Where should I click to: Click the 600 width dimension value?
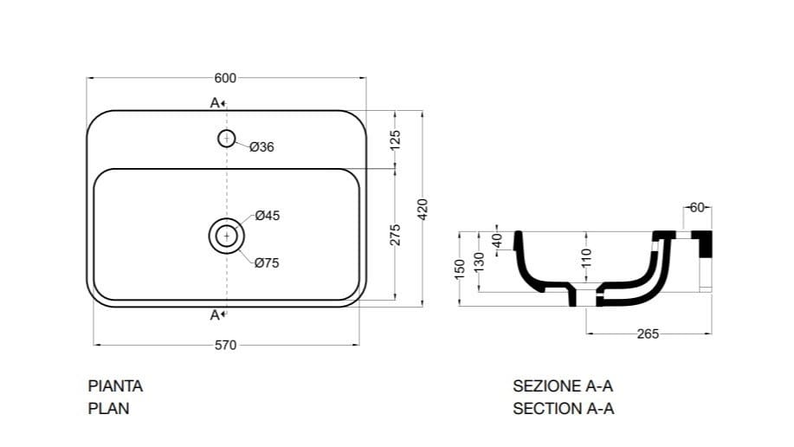(225, 78)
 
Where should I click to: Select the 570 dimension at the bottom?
(225, 345)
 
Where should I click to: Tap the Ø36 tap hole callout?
(261, 147)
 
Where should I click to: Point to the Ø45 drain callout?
(267, 216)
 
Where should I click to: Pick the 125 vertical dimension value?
(396, 139)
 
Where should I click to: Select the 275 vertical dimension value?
(396, 235)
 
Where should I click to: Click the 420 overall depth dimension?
(423, 209)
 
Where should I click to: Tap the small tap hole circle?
(226, 137)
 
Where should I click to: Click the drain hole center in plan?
(226, 235)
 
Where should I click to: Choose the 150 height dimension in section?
(461, 268)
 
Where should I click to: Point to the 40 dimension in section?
(497, 240)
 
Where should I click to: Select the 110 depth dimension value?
(586, 256)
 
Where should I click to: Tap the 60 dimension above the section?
(698, 207)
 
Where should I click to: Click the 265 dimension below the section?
(648, 334)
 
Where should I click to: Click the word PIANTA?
(115, 386)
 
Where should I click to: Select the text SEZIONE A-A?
(563, 386)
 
